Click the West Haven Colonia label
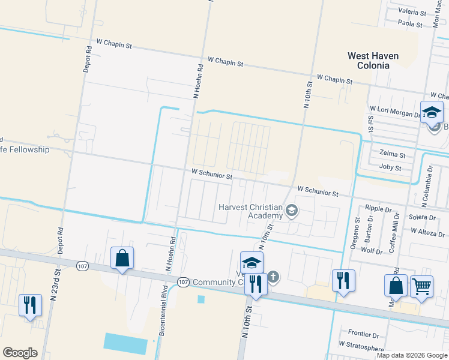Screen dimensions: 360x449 (x=373, y=60)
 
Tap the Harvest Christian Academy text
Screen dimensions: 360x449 (x=250, y=211)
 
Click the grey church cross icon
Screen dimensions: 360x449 (x=273, y=277)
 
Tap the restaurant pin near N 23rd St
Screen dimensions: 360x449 (x=30, y=305)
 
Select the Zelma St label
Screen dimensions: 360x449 (x=393, y=155)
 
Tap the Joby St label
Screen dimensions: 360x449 (x=391, y=168)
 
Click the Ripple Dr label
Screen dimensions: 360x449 (x=378, y=209)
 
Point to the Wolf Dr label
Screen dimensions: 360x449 (x=371, y=251)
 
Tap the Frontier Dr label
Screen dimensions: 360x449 (x=363, y=334)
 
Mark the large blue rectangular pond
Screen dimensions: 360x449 (x=125, y=343)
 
